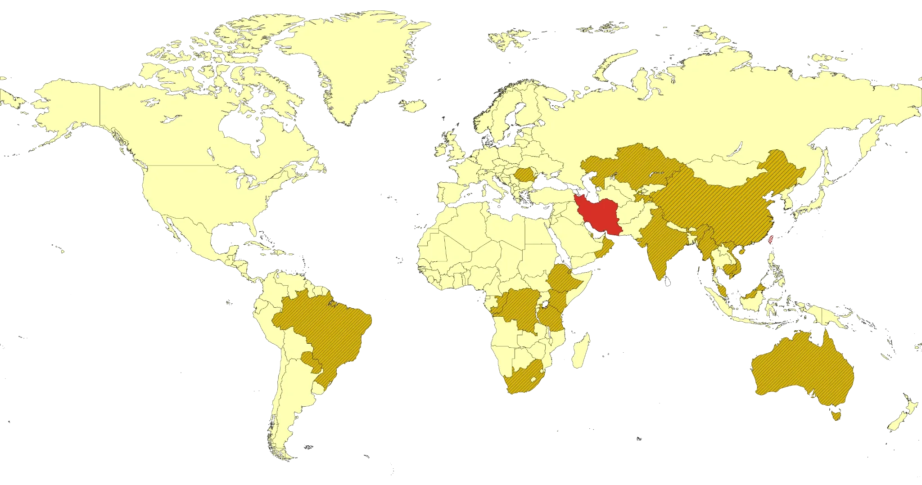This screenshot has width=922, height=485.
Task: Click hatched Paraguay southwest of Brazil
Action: click(310, 360)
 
